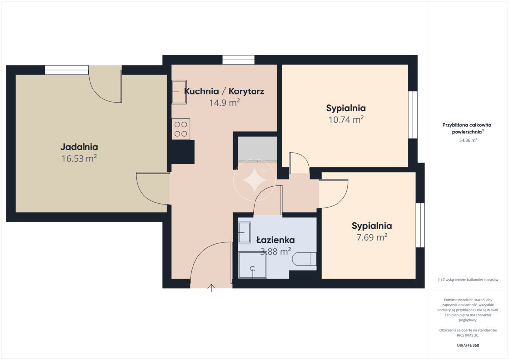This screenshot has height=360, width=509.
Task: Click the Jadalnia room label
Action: (x=79, y=147)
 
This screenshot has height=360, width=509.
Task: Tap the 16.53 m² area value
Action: (x=79, y=159)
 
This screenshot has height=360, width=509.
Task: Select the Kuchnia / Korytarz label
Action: (x=224, y=91)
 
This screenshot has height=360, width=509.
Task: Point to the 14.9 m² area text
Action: (x=224, y=103)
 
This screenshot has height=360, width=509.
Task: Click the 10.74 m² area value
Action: (x=346, y=120)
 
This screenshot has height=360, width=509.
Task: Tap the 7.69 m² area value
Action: (x=372, y=237)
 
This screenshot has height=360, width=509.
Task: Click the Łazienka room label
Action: (x=275, y=240)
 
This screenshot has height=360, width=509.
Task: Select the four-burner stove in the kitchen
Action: (x=181, y=129)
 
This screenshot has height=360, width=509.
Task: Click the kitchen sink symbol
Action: (x=179, y=92)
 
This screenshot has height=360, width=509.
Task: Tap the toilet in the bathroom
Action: (x=304, y=259)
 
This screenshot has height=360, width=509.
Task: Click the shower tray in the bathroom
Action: (x=253, y=265)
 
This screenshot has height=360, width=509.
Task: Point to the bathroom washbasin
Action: (x=244, y=232)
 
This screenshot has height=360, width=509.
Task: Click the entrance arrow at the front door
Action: (x=211, y=288)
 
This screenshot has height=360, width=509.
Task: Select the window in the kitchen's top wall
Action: (x=238, y=60)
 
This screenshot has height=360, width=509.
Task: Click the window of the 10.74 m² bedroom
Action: (x=413, y=115)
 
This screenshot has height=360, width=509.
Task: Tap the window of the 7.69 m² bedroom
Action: (x=421, y=225)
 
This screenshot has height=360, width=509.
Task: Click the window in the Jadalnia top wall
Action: (x=67, y=70)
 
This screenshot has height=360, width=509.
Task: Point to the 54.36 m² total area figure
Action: (x=468, y=140)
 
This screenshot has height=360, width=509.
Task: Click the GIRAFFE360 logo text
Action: (x=468, y=345)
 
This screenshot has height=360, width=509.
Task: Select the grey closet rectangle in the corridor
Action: (x=257, y=149)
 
